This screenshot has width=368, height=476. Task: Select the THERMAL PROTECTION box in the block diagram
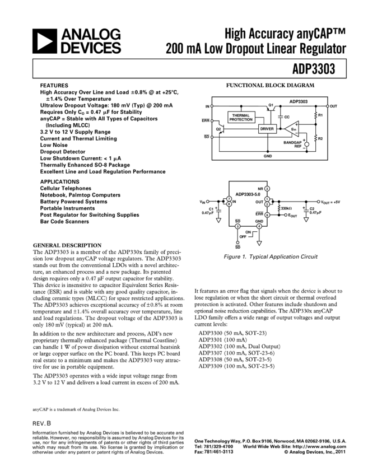[241, 117]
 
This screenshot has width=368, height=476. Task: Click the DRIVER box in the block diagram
[267, 129]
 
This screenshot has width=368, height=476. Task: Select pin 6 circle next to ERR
[267, 214]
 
